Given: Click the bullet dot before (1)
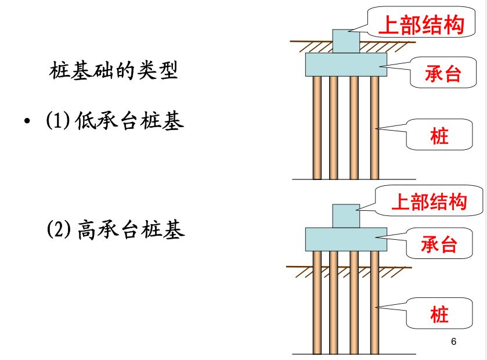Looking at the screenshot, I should tap(27, 123).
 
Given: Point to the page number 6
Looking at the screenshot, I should tap(453, 341).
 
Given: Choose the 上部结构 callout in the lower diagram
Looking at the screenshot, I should tap(429, 202).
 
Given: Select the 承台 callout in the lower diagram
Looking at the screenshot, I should tap(439, 244).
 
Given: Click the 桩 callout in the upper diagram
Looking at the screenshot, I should tap(439, 136).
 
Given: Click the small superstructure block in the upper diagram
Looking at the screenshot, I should tap(346, 41).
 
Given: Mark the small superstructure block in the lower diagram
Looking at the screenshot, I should tap(346, 215).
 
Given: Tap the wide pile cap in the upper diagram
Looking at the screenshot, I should tap(346, 64).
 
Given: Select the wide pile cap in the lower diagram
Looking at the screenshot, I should tap(346, 239).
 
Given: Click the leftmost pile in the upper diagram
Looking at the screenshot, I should tap(317, 128).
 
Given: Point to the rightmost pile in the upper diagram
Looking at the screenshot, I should tap(374, 128).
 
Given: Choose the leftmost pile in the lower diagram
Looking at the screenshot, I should tap(317, 302).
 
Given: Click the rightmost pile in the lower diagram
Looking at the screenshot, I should tap(374, 302).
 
